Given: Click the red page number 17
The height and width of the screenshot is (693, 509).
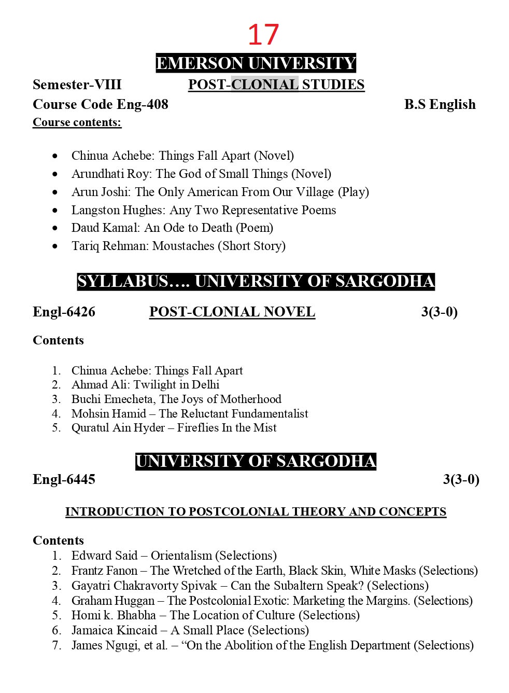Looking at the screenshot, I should [263, 35].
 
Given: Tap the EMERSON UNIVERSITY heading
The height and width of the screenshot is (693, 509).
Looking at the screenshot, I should [256, 63].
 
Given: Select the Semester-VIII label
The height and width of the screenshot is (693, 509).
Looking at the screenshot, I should [77, 85].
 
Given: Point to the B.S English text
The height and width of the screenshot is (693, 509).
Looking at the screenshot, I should [440, 104].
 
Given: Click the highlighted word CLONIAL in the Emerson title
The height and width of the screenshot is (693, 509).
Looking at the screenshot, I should [265, 85].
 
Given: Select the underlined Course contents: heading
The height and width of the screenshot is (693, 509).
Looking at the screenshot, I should [77, 122].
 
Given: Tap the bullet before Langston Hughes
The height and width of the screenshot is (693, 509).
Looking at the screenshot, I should [55, 211].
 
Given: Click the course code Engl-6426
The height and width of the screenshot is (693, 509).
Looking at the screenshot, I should [64, 312].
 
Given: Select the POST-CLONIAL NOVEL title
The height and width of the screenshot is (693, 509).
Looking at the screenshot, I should [232, 312].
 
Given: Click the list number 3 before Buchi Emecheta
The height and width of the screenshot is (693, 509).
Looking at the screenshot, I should [56, 399].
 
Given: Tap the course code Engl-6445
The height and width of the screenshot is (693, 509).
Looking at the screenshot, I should [64, 479].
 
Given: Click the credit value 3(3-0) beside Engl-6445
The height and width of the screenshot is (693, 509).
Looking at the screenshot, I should [461, 479].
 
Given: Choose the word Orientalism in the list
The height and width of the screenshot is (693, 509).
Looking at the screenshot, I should [181, 556].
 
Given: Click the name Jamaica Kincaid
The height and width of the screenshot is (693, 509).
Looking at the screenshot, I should [114, 630].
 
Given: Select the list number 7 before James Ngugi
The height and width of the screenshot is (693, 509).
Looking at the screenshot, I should [56, 645].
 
